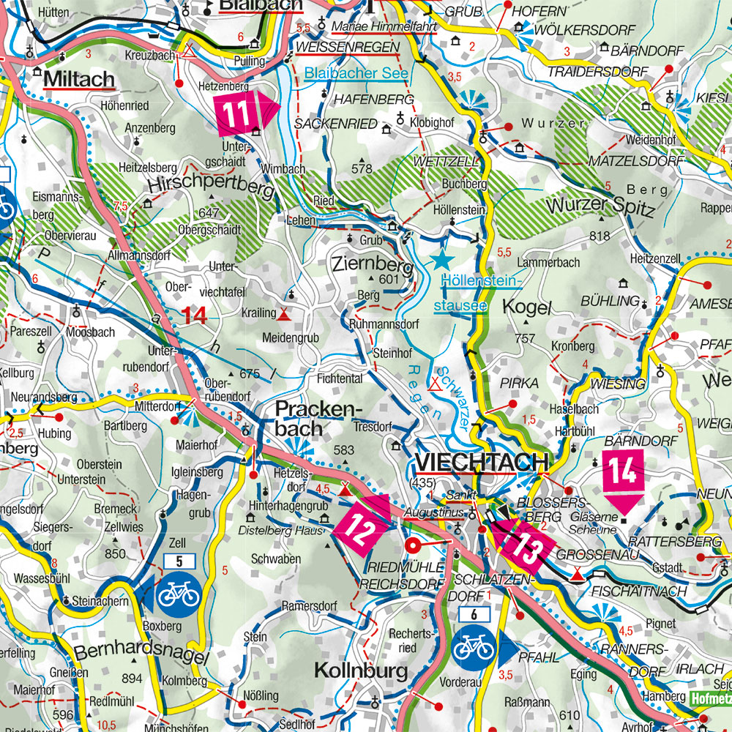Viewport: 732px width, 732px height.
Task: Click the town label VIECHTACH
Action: click(x=481, y=462)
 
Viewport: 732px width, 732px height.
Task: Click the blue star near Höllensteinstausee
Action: click(x=441, y=260)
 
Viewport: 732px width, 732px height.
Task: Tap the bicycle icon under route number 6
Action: click(x=474, y=646)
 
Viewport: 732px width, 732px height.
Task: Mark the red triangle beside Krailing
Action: click(x=283, y=314)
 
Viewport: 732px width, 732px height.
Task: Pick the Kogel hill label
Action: click(x=526, y=307)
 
